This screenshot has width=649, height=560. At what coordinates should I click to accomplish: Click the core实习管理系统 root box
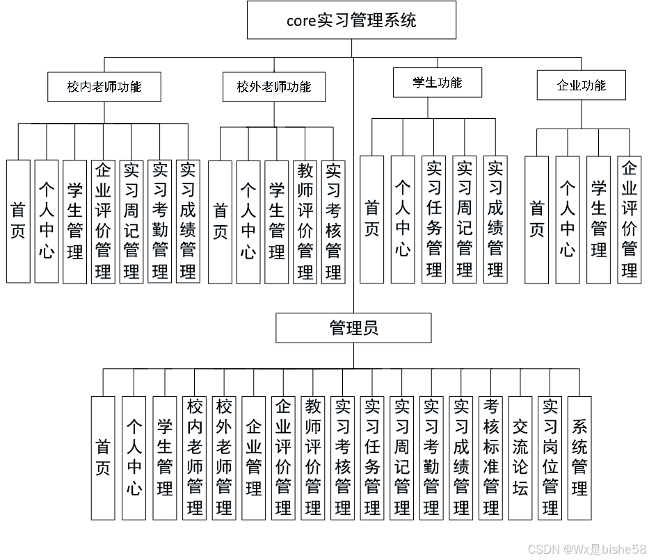click(x=351, y=20)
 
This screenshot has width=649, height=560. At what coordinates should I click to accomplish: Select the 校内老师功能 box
click(x=104, y=87)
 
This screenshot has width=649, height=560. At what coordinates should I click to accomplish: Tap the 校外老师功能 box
click(x=273, y=87)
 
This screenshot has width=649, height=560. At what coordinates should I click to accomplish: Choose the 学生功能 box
click(x=437, y=83)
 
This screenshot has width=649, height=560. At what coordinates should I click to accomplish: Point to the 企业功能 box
click(x=581, y=85)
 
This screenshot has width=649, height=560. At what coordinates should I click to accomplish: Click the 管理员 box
click(x=353, y=328)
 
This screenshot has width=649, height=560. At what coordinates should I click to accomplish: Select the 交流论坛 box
click(x=520, y=458)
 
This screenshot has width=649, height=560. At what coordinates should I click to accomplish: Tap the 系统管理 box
click(x=579, y=458)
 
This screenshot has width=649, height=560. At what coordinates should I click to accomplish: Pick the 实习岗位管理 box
click(x=550, y=458)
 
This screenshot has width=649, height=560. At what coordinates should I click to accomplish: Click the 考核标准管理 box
click(x=491, y=458)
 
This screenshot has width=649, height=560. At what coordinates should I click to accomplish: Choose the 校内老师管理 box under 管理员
click(x=194, y=458)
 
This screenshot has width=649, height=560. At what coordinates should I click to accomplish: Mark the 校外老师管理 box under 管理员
click(x=224, y=458)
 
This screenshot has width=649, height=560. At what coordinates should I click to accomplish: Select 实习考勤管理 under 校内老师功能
click(x=159, y=221)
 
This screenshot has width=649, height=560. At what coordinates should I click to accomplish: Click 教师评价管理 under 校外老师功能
click(x=305, y=222)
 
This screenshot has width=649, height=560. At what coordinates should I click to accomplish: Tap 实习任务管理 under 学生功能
click(x=434, y=219)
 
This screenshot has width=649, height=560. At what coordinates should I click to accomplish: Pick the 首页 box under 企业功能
click(x=536, y=219)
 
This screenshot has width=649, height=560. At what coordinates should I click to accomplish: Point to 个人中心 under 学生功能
click(x=403, y=219)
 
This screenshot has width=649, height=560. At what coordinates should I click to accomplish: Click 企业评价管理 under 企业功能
click(x=630, y=219)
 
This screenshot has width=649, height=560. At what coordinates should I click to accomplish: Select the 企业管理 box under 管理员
click(x=254, y=458)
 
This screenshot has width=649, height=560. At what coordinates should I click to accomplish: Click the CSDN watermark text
click(x=586, y=550)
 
